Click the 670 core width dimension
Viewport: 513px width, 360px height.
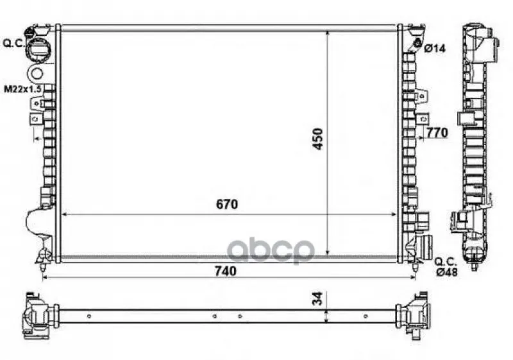coord(227,204)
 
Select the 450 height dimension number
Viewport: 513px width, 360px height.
coord(317,139)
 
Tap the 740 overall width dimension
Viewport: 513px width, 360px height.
coord(226,271)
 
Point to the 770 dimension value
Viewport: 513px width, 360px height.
coord(437,133)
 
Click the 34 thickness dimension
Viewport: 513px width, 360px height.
coord(317,298)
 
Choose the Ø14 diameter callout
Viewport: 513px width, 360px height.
coord(435,48)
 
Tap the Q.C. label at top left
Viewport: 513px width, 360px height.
coord(13,43)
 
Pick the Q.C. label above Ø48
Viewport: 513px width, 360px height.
coord(446,261)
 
